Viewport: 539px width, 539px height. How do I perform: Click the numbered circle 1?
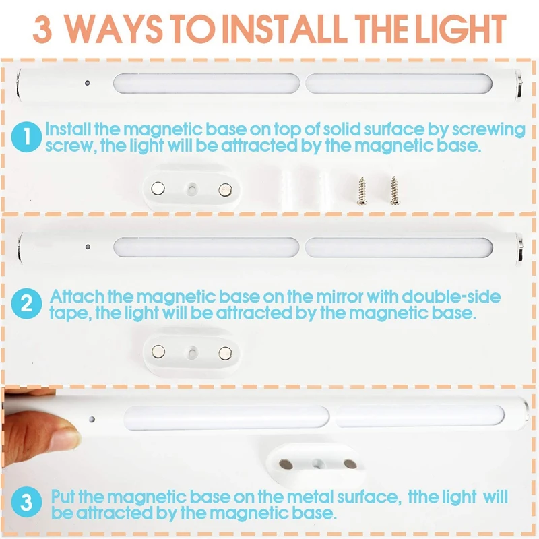click(x=26, y=137)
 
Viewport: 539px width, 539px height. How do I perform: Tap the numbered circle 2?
click(x=26, y=304)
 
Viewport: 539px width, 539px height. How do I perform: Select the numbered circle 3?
click(x=26, y=502)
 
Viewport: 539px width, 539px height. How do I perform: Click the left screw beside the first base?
click(x=362, y=191)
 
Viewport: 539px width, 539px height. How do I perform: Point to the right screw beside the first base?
click(x=394, y=191)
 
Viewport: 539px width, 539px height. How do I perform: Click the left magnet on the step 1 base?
click(x=158, y=188)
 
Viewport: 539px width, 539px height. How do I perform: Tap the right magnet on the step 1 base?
click(x=225, y=189)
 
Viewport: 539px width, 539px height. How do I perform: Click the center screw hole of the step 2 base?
click(x=192, y=352)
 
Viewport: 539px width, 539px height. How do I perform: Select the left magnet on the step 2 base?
click(x=158, y=351)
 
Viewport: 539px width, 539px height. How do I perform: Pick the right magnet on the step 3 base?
click(x=350, y=464)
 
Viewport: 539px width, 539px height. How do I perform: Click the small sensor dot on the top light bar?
click(x=88, y=83)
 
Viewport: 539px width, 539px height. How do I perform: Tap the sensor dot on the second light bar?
click(x=88, y=247)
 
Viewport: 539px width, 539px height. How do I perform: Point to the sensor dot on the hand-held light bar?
click(x=92, y=419)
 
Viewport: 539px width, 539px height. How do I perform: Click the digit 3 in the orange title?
click(x=43, y=30)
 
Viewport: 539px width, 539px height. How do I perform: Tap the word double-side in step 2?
click(x=451, y=296)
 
